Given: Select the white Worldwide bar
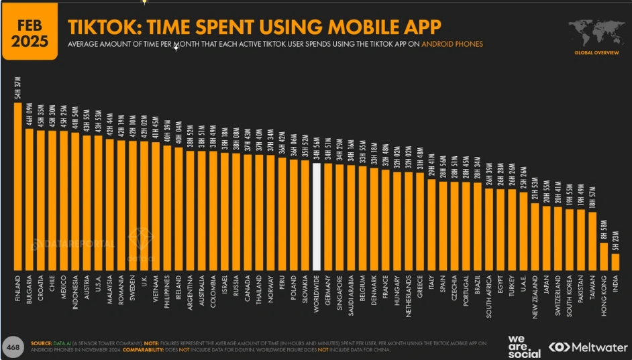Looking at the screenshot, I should (317, 215).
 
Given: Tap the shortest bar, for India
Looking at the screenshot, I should (615, 261).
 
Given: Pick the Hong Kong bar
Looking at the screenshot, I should (603, 255).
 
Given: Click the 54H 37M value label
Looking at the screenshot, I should (18, 88).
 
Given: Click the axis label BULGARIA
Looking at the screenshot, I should (30, 289).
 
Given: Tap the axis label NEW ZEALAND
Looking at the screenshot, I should (535, 296).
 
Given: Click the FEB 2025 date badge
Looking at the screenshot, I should (30, 33).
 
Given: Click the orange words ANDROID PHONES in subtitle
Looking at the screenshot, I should (456, 44).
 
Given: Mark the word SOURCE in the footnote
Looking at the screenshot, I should (42, 342).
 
